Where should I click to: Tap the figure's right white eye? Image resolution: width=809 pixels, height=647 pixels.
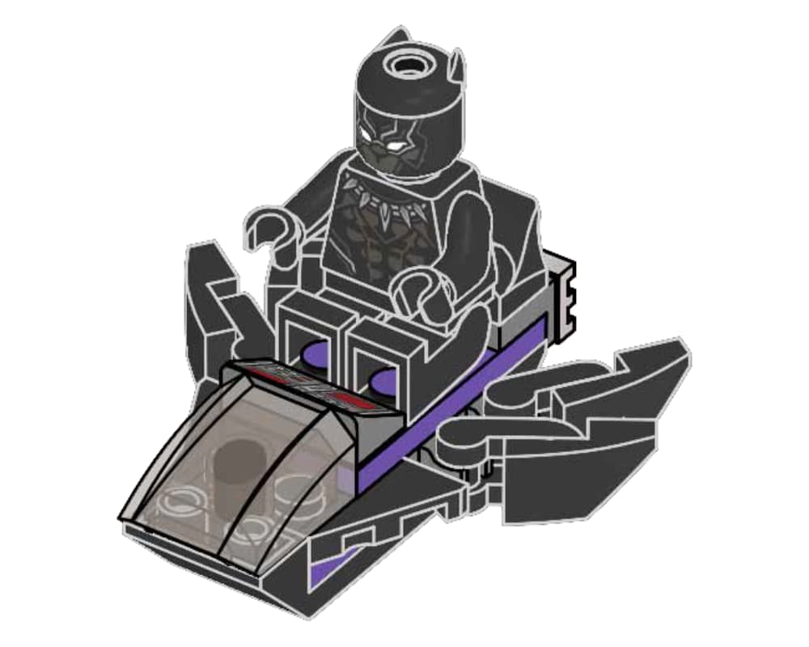click(398, 144)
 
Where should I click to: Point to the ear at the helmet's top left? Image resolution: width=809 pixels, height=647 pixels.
click(394, 37)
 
